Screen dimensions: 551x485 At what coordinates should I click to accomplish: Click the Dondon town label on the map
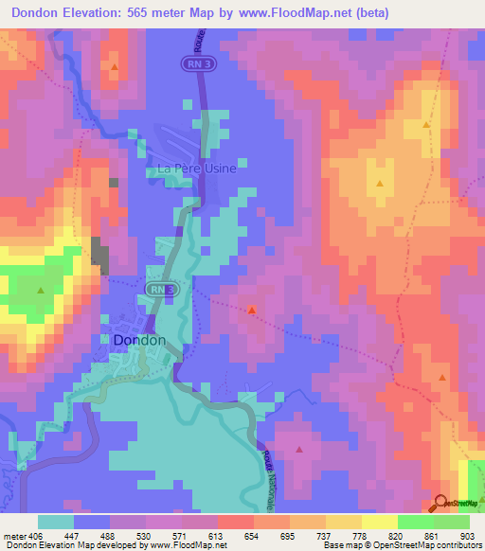[139, 340]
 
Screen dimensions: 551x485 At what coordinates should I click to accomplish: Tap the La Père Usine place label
[196, 170]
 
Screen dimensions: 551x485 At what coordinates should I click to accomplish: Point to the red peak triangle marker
[252, 309]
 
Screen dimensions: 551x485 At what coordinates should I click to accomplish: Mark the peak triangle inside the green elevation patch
[41, 289]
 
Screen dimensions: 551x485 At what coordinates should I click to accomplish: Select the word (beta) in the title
[366, 12]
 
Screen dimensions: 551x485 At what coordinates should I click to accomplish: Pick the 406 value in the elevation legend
[34, 536]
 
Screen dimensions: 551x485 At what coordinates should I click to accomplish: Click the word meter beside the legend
[12, 536]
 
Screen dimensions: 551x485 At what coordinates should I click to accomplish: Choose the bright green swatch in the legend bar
[415, 522]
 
